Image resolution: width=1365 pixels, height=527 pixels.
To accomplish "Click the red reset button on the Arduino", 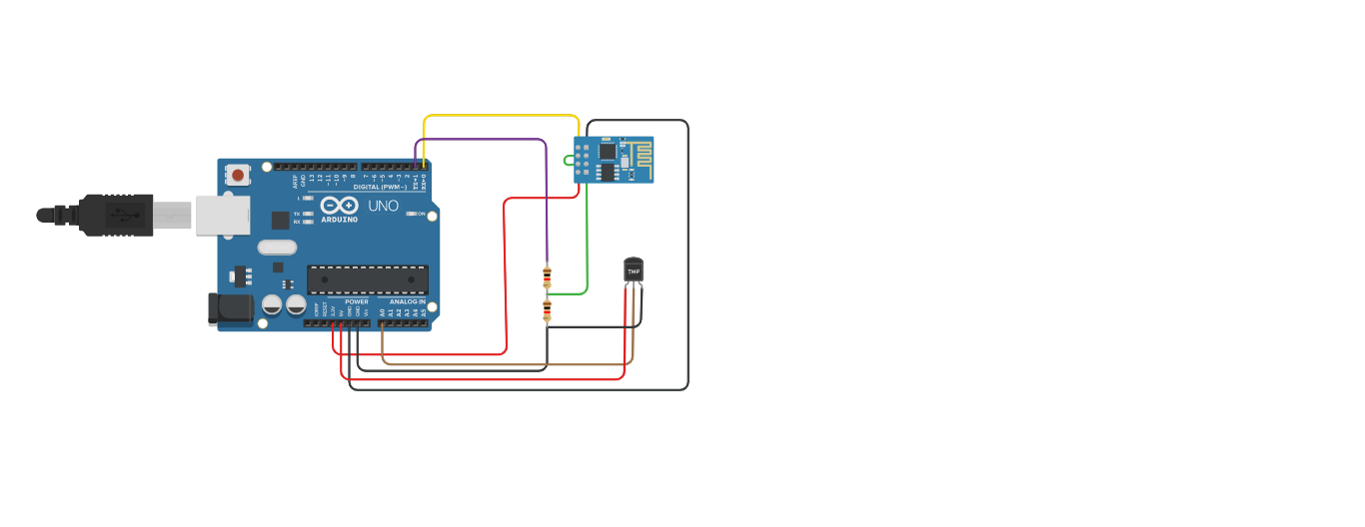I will coord(238,176).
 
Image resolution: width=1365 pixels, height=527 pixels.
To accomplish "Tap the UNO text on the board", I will coord(384,206).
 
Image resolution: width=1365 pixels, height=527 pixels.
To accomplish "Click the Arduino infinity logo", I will coord(339,206).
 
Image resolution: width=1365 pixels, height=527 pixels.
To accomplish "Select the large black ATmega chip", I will coord(368,279).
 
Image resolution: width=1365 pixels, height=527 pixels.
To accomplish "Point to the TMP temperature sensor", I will coord(634,270).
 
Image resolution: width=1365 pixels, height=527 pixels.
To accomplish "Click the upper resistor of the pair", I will coord(547,275).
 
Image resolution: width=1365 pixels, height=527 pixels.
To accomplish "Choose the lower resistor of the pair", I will coord(547,310).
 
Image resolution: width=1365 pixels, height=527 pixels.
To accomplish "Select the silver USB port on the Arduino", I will coord(222,215).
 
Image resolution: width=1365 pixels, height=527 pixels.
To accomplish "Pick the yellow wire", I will coord(500,116).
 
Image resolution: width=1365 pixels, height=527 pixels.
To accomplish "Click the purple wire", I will coord(480,140).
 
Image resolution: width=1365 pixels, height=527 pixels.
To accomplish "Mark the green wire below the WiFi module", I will coord(587,240).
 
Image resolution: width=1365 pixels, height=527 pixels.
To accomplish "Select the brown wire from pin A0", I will coord(500,364).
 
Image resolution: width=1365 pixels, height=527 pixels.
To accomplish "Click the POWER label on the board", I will coord(357,301).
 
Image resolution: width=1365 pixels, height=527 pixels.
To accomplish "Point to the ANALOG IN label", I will coord(407,301).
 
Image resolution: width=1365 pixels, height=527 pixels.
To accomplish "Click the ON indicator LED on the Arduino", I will coord(411,215).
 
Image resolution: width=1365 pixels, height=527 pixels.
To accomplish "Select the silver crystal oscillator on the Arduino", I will coord(277,247).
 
